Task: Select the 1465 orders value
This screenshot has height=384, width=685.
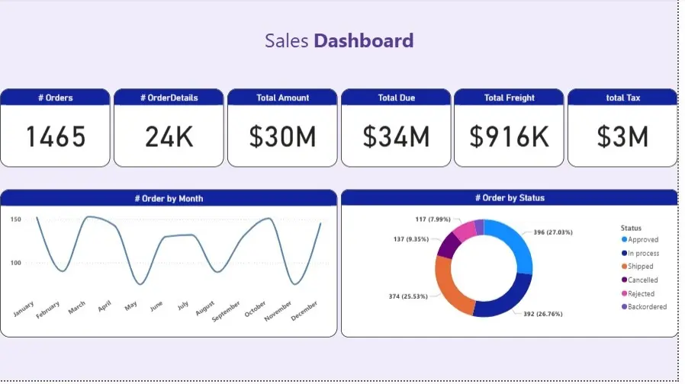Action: click(x=56, y=137)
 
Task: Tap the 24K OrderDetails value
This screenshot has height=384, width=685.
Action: click(x=169, y=137)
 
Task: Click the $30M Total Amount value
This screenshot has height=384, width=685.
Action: click(x=282, y=137)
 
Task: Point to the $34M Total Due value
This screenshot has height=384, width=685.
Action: click(x=396, y=137)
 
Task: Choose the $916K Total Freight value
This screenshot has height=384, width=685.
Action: click(x=509, y=137)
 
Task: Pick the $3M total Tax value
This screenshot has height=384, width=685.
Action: click(x=622, y=137)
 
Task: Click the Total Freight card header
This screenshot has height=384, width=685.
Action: click(x=509, y=98)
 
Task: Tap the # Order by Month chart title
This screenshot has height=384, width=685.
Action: click(x=169, y=198)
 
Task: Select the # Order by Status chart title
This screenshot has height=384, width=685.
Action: click(x=509, y=198)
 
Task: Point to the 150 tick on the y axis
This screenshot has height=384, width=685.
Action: click(x=16, y=219)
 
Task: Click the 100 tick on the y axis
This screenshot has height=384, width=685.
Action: click(x=16, y=263)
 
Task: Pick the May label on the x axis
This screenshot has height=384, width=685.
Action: click(x=130, y=306)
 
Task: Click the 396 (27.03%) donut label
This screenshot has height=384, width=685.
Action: click(x=552, y=232)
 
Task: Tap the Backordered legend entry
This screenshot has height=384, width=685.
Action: click(x=646, y=307)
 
